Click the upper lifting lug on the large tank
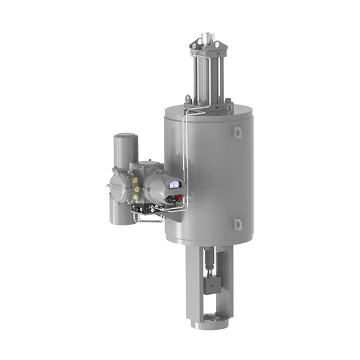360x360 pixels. pyautogui.click(x=239, y=133)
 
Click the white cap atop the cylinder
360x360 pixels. pyautogui.click(x=210, y=33)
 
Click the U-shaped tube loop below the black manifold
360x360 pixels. pyautogui.click(x=147, y=220)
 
